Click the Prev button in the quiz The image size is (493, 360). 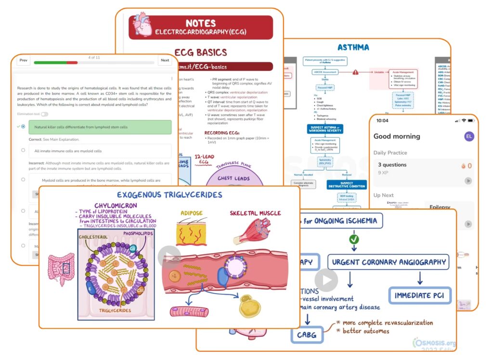pyautogui.click(x=23, y=61)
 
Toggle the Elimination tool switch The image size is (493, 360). pyautogui.click(x=45, y=114)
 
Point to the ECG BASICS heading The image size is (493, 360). pyautogui.click(x=200, y=53)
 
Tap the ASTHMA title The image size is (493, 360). pyautogui.click(x=353, y=47)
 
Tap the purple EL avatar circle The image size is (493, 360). pyautogui.click(x=468, y=136)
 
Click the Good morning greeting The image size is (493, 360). pyautogui.click(x=397, y=136)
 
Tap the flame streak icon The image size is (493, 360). pyautogui.click(x=463, y=166)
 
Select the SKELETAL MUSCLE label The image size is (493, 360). pyautogui.click(x=256, y=213)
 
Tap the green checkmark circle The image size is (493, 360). pyautogui.click(x=354, y=239)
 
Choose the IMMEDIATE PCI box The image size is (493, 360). pyautogui.click(x=420, y=295)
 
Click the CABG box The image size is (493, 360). pyautogui.click(x=307, y=334)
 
